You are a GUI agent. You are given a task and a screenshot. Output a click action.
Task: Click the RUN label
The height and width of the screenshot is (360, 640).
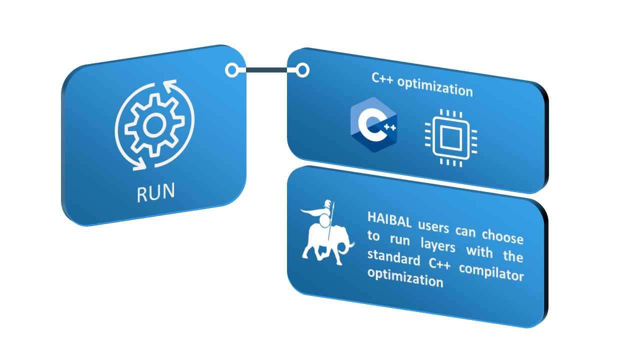[155, 192]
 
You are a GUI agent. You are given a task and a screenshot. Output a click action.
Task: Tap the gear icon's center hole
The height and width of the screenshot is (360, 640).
[154, 125]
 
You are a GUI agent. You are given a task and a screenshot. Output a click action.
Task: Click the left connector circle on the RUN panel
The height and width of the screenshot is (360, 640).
[232, 70]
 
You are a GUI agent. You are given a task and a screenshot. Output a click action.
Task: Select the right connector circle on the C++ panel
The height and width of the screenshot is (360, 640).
[302, 70]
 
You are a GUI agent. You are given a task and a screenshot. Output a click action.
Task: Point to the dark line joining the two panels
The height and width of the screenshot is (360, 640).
[266, 70]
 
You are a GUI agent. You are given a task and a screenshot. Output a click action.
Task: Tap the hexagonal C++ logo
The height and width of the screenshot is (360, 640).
[373, 124]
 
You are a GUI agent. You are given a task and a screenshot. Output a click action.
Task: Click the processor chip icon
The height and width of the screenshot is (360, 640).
[451, 137]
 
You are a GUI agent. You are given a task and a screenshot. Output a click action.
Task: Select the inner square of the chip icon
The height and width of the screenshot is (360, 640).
[451, 138]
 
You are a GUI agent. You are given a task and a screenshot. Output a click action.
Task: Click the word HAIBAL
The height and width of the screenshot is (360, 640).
[389, 219]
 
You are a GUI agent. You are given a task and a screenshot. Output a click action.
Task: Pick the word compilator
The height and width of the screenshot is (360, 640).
[491, 272]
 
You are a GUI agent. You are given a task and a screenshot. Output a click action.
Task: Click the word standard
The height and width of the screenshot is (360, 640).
[393, 257]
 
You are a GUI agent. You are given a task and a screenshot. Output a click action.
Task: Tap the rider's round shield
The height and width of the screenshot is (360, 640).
[324, 221]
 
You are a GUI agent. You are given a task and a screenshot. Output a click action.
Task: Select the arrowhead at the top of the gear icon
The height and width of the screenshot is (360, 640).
[169, 85]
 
